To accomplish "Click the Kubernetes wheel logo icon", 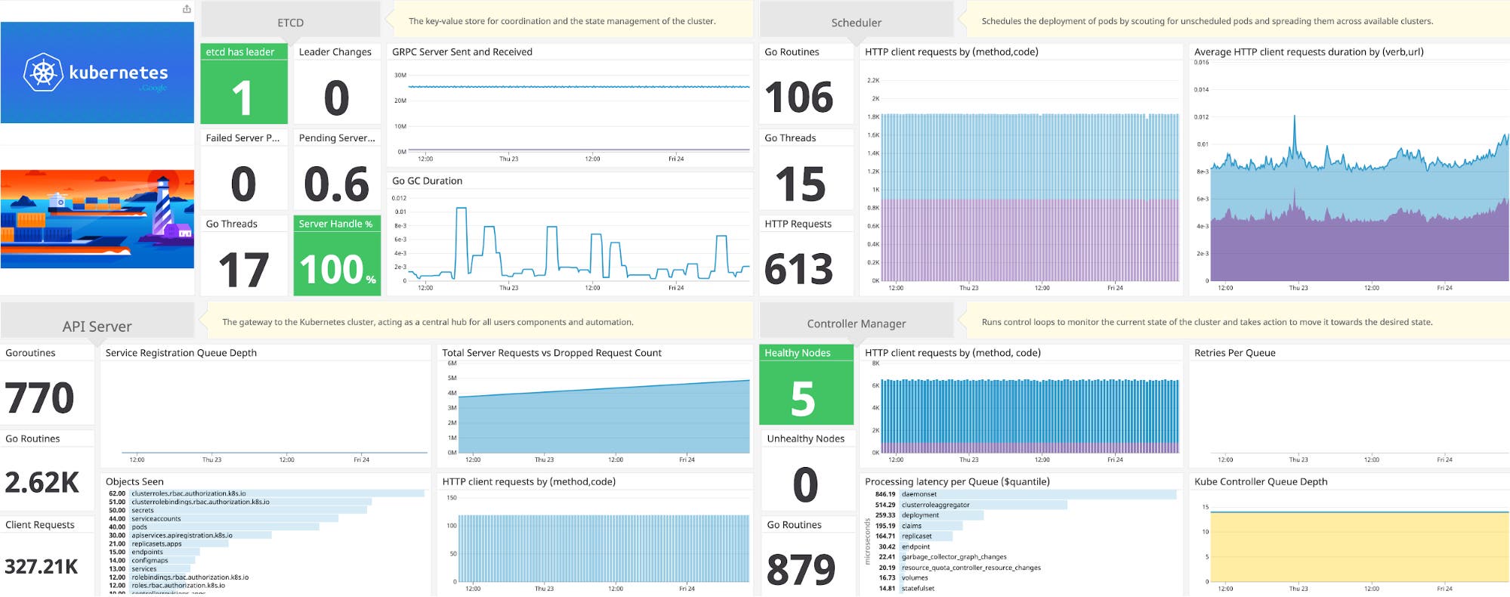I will pyautogui.click(x=43, y=73).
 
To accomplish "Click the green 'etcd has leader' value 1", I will pyautogui.click(x=242, y=98).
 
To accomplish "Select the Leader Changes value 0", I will pyautogui.click(x=336, y=98).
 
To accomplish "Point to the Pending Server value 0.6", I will pyautogui.click(x=336, y=184).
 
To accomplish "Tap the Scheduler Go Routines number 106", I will pyautogui.click(x=798, y=98).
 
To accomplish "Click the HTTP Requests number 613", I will pyautogui.click(x=798, y=270).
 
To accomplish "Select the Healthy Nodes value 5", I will pyautogui.click(x=803, y=399).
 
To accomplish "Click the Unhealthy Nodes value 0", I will pyautogui.click(x=805, y=485).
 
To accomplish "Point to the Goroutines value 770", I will pyautogui.click(x=39, y=398).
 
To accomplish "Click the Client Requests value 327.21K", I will pyautogui.click(x=42, y=567).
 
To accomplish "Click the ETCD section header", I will pyautogui.click(x=290, y=23).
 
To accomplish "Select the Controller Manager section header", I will pyautogui.click(x=856, y=323).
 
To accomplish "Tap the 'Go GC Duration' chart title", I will pyautogui.click(x=427, y=181).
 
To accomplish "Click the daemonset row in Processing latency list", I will pyautogui.click(x=919, y=494).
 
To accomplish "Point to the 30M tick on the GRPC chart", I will pyautogui.click(x=400, y=75).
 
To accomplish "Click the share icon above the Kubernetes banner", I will pyautogui.click(x=187, y=9).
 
